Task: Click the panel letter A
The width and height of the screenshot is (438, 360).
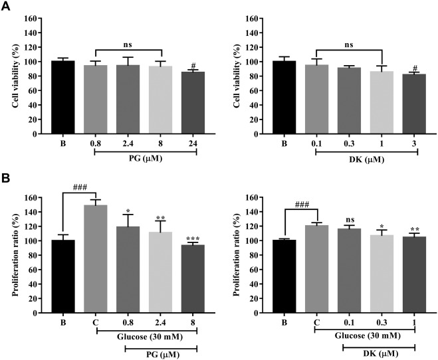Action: pyautogui.click(x=6, y=5)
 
